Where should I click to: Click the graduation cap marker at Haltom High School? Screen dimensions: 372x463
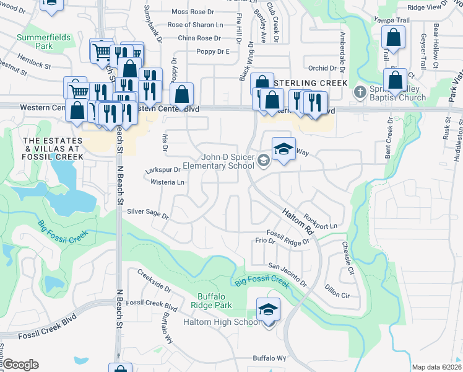point(268,309)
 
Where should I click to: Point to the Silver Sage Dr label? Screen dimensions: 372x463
point(147,213)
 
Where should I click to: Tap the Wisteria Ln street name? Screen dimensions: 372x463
point(168,182)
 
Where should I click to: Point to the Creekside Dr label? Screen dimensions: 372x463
point(154,280)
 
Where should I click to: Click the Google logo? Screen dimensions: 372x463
point(20,364)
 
